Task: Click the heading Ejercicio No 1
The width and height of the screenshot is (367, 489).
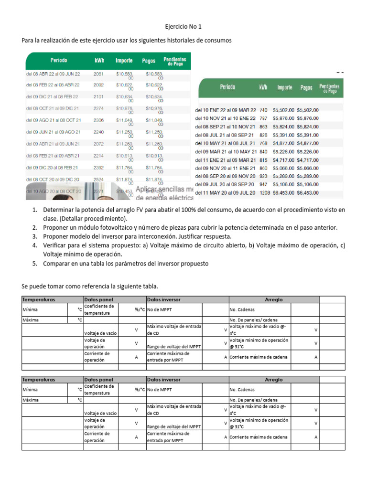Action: [x=183, y=28]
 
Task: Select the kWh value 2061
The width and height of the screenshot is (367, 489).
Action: [x=98, y=74]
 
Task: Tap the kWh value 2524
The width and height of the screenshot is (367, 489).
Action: [x=98, y=180]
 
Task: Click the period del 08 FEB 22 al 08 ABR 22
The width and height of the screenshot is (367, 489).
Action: [x=53, y=85]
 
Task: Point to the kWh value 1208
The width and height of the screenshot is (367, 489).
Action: [x=264, y=193]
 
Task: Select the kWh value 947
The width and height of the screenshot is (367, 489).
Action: [x=263, y=185]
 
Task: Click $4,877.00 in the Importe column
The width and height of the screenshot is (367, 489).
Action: [x=283, y=143]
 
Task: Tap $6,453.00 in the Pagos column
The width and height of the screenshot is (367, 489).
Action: [x=308, y=193]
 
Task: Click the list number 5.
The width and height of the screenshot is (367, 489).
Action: [x=34, y=263]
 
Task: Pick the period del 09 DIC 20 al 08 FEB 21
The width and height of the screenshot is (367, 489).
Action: [x=53, y=168]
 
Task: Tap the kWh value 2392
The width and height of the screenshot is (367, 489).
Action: [x=98, y=168]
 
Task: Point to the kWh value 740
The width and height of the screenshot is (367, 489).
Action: [x=263, y=110]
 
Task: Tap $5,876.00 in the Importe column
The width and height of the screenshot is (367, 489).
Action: [x=283, y=118]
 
